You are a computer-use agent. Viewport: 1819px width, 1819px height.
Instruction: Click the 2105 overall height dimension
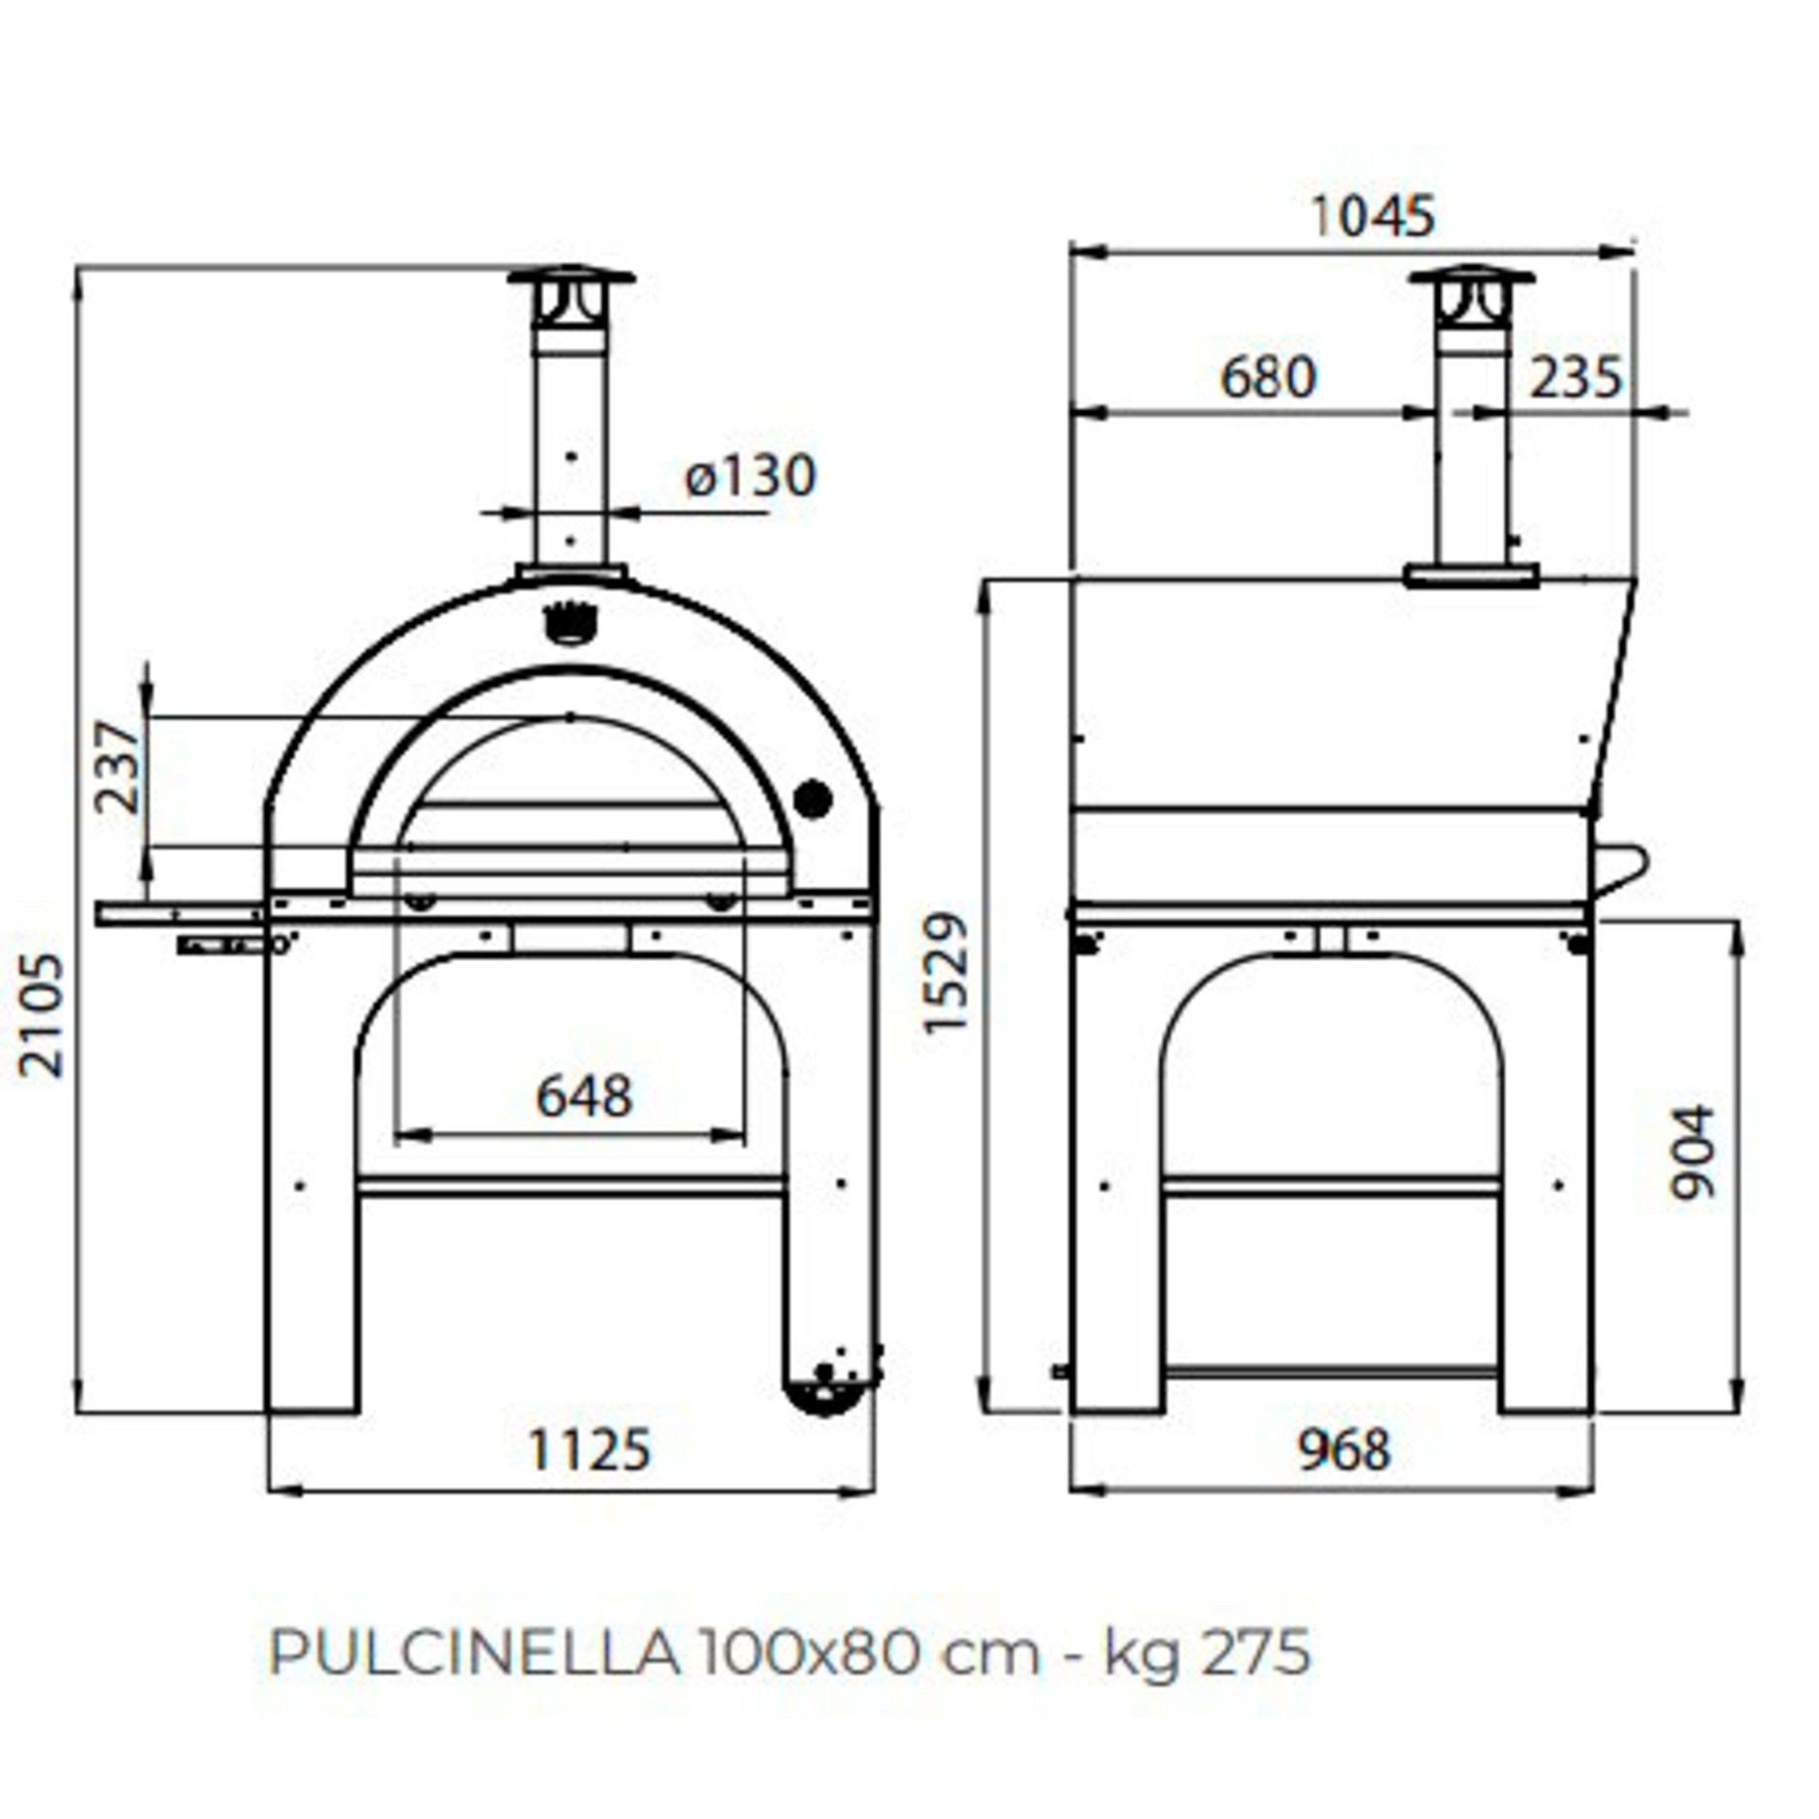[42, 1015]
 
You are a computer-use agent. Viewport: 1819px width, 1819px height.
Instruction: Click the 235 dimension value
[1575, 378]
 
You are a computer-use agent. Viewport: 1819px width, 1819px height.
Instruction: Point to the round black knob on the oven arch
[812, 799]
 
